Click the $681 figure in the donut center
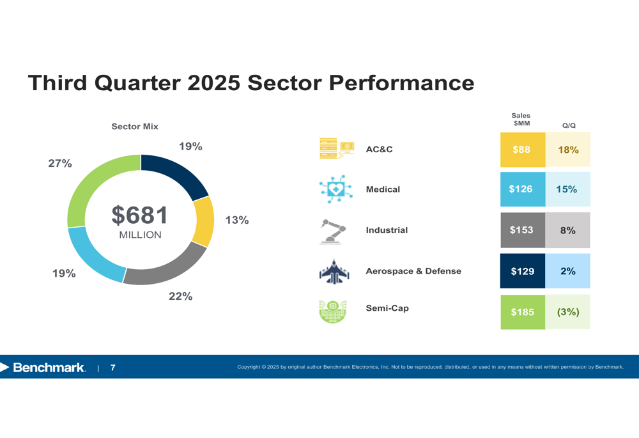point(140,215)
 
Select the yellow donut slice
point(204,222)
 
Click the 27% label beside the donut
point(60,164)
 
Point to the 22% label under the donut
point(181,297)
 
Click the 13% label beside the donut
point(237,220)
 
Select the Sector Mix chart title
point(135,127)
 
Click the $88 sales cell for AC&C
point(522,150)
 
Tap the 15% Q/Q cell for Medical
point(567,189)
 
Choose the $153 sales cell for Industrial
point(522,230)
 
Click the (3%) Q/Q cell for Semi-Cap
point(567,312)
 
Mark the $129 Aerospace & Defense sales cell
point(522,271)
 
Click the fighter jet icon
point(334,272)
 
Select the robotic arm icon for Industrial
point(333,231)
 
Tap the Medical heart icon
point(334,189)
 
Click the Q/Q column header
point(569,126)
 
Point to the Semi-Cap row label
point(387,308)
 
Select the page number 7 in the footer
point(113,368)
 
